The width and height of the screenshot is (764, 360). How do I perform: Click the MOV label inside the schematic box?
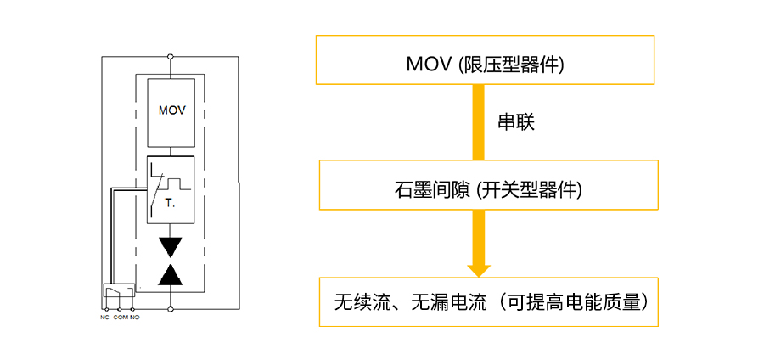[x=172, y=110]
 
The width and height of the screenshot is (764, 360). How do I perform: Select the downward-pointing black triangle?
[x=171, y=247]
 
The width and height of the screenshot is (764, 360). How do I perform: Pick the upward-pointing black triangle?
[x=171, y=275]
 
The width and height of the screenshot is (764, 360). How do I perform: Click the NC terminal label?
[x=104, y=318]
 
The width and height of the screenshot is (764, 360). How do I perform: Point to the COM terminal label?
[x=121, y=318]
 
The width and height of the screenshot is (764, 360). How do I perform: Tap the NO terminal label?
[x=135, y=318]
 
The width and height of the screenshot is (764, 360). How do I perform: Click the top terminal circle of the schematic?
[x=170, y=57]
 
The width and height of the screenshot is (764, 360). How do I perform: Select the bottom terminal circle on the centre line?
[x=170, y=308]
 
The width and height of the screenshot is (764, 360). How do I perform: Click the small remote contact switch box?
[x=119, y=291]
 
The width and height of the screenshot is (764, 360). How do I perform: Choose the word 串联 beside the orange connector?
[x=516, y=123]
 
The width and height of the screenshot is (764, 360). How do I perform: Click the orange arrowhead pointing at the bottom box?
[x=479, y=271]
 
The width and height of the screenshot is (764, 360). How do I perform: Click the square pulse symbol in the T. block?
[x=173, y=183]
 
